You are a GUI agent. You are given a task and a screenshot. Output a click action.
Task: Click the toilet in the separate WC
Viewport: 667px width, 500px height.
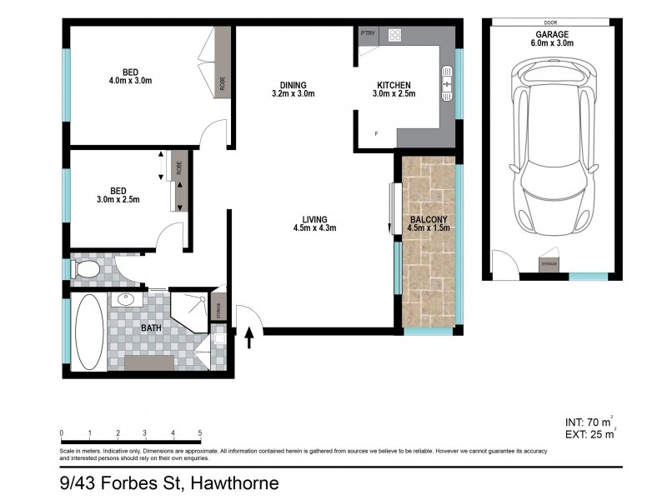coord(86,269)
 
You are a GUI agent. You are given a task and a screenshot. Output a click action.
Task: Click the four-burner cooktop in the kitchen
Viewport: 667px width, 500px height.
coord(394,36)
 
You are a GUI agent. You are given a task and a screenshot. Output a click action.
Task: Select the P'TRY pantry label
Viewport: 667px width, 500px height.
coord(368,33)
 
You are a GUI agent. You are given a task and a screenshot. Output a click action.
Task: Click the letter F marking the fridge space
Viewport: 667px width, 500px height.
coord(376,134)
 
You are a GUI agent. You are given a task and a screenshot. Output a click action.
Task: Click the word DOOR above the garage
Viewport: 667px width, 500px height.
coord(549,22)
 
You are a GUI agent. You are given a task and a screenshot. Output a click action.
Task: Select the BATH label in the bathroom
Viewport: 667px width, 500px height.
coord(151,327)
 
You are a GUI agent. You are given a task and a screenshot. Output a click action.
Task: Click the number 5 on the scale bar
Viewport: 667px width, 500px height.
coord(199,433)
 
